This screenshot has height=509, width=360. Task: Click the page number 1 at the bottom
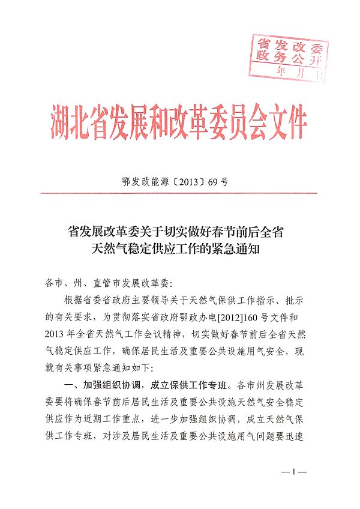click(294, 472)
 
